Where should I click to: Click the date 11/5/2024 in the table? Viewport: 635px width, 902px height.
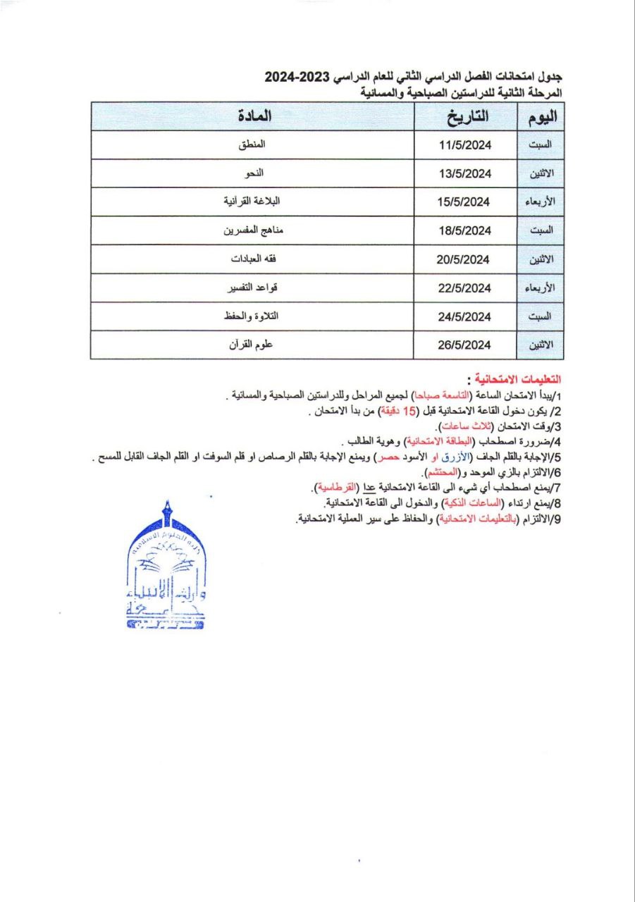(x=464, y=146)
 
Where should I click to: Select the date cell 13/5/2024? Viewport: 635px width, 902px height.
(x=464, y=174)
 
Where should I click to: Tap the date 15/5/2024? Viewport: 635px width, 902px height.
(x=464, y=202)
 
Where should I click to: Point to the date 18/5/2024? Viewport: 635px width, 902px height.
(x=464, y=230)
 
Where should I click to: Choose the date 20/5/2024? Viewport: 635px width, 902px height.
(x=464, y=259)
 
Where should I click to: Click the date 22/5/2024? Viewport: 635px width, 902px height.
(x=464, y=288)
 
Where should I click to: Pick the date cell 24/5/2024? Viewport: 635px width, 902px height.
(x=464, y=316)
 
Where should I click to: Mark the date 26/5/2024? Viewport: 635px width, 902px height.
(x=464, y=345)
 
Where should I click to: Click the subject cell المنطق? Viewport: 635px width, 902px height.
(x=252, y=145)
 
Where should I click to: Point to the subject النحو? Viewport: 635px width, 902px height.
(x=252, y=173)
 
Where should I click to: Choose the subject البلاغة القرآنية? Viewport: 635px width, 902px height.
(x=252, y=202)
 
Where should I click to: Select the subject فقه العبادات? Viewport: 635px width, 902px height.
(x=252, y=259)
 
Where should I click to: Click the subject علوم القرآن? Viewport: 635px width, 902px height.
(x=252, y=345)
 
